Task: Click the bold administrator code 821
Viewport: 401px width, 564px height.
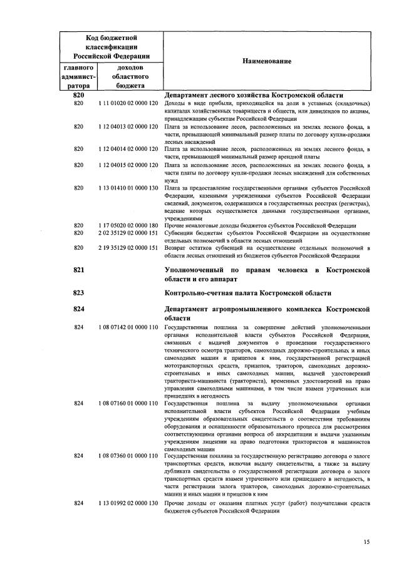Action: tap(79, 270)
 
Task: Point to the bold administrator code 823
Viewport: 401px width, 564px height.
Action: tap(79, 292)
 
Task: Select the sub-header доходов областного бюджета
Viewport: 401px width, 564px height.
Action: tap(130, 76)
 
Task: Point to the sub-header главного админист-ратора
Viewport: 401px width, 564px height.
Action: tap(79, 76)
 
